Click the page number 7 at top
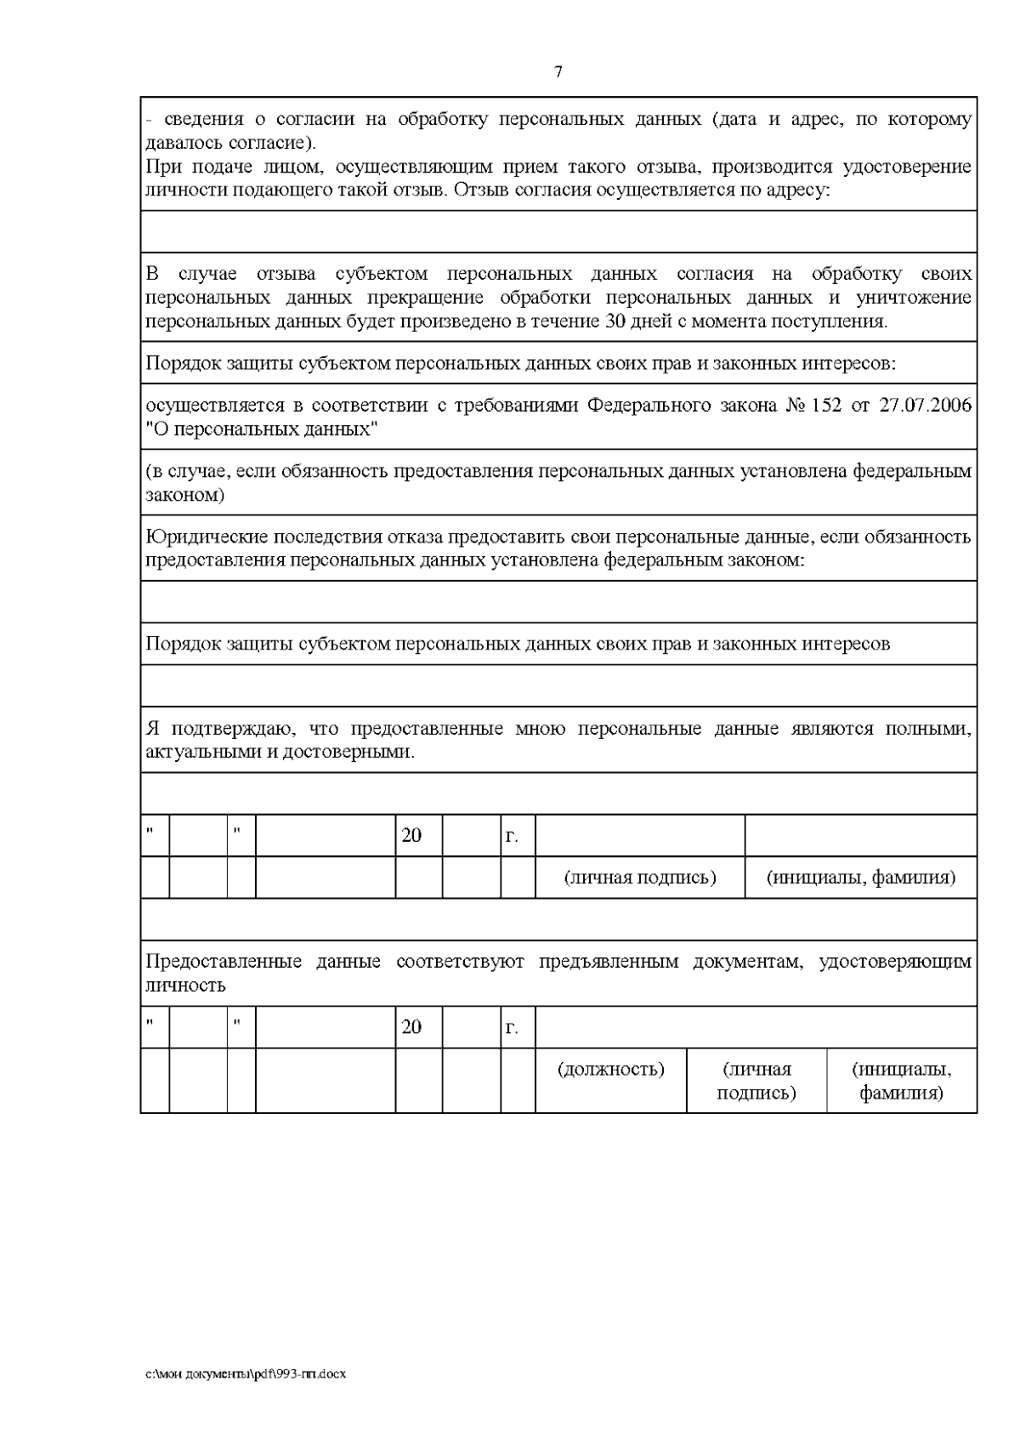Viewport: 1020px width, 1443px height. coord(558,72)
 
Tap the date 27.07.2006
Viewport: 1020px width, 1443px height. coord(925,406)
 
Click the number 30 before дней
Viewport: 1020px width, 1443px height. coord(615,321)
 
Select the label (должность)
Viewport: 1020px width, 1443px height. coord(610,1069)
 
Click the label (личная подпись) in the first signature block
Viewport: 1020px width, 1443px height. coord(640,877)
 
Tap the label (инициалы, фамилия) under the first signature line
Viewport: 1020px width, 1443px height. coord(860,877)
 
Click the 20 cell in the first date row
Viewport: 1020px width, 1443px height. coord(411,835)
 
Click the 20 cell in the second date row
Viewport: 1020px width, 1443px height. coord(411,1027)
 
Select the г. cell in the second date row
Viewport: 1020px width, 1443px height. coord(512,1028)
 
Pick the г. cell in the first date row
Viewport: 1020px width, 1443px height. coord(512,836)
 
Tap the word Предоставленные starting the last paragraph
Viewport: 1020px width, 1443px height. coord(224,962)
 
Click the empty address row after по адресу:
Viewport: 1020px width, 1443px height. coord(558,231)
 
